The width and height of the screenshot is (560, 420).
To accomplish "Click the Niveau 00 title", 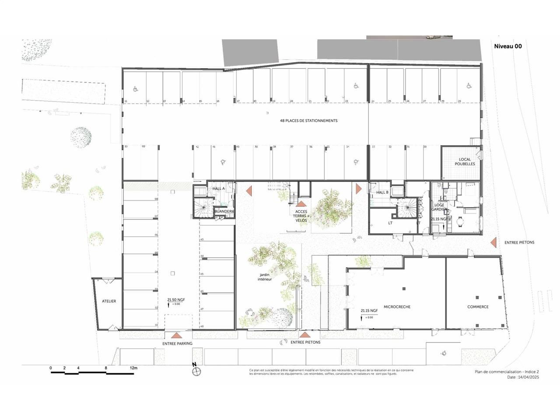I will pyautogui.click(x=507, y=46).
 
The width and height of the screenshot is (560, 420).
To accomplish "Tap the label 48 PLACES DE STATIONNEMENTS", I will pyautogui.click(x=308, y=121).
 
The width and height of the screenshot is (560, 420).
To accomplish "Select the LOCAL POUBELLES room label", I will pyautogui.click(x=465, y=162).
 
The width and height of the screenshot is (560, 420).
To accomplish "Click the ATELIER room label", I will pyautogui.click(x=109, y=301).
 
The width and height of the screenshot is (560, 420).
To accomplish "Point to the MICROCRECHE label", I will pyautogui.click(x=397, y=307).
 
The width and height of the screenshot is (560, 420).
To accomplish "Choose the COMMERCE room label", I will pyautogui.click(x=478, y=307).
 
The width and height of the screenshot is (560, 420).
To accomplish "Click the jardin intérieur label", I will pyautogui.click(x=265, y=277).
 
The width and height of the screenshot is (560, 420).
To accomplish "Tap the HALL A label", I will pyautogui.click(x=218, y=189).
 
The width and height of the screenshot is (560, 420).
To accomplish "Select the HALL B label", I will pyautogui.click(x=382, y=192).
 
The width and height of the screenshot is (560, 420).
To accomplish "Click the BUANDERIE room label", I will pyautogui.click(x=224, y=211).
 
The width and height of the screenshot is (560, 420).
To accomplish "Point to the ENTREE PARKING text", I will pyautogui.click(x=177, y=343).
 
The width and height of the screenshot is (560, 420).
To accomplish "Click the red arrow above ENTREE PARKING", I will pyautogui.click(x=177, y=336).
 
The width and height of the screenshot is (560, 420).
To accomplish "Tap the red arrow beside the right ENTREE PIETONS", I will pyautogui.click(x=493, y=242).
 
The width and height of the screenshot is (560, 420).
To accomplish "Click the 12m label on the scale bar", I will pyautogui.click(x=133, y=368).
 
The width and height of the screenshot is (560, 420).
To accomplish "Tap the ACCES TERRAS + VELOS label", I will pyautogui.click(x=301, y=216).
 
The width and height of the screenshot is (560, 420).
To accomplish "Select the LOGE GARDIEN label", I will pyautogui.click(x=439, y=207).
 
